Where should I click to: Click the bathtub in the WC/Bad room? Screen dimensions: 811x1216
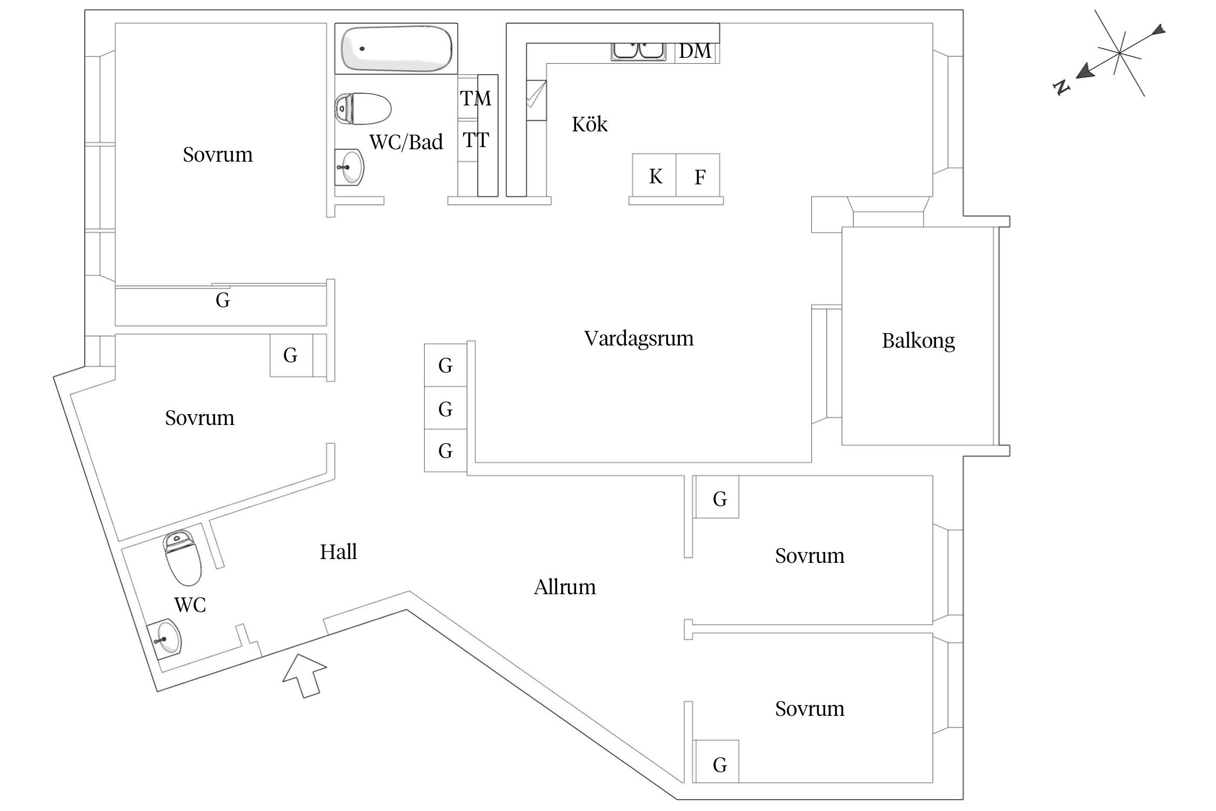[396, 49]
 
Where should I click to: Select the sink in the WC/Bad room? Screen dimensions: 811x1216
[350, 167]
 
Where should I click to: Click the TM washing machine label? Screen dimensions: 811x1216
[476, 98]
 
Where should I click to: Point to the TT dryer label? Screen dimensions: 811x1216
[476, 141]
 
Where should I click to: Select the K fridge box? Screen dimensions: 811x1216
[654, 176]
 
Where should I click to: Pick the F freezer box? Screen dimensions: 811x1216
[699, 176]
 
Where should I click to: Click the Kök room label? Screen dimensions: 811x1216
[590, 125]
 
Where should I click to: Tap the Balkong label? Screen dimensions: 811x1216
[918, 341]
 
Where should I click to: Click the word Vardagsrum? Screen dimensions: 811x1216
[639, 338]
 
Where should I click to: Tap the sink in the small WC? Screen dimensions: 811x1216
[165, 640]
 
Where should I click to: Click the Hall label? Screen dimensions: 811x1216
[338, 552]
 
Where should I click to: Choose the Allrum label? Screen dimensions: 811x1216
[565, 587]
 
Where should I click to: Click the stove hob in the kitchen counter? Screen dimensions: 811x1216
[536, 101]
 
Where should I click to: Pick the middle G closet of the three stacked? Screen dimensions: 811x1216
[445, 408]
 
